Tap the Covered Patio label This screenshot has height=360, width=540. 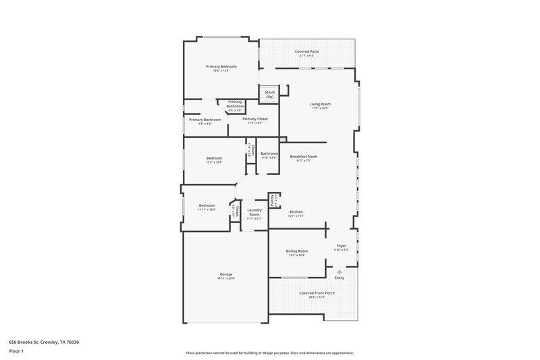click(x=307, y=52)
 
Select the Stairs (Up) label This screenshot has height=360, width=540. click(x=269, y=95)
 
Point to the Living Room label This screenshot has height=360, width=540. click(x=320, y=104)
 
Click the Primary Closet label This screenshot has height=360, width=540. click(x=255, y=119)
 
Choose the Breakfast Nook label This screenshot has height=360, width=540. click(x=303, y=156)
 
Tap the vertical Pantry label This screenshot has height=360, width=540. click(x=272, y=199)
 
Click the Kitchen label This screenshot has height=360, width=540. click(x=296, y=211)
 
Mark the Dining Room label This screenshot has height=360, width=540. click(x=296, y=251)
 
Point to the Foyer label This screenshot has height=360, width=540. click(x=341, y=246)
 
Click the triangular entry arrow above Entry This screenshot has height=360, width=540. click(x=340, y=271)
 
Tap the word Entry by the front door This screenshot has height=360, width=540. click(x=340, y=278)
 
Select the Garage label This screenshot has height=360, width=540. click(x=225, y=274)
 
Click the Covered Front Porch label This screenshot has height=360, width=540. click(x=313, y=292)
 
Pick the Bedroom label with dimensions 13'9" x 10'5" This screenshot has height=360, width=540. click(x=214, y=158)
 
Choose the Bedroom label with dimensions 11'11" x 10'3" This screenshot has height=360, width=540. click(x=207, y=205)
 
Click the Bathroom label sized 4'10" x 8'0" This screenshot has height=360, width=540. click(x=269, y=153)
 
